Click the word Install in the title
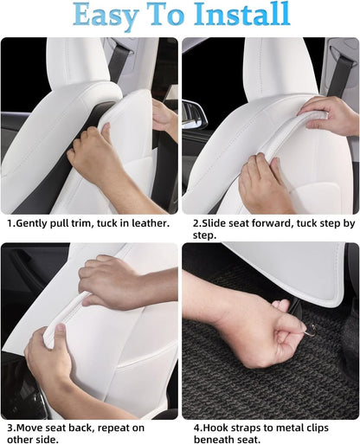coord(242,14)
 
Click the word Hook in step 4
coord(215,428)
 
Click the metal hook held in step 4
coord(311,331)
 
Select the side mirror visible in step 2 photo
coord(195,114)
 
